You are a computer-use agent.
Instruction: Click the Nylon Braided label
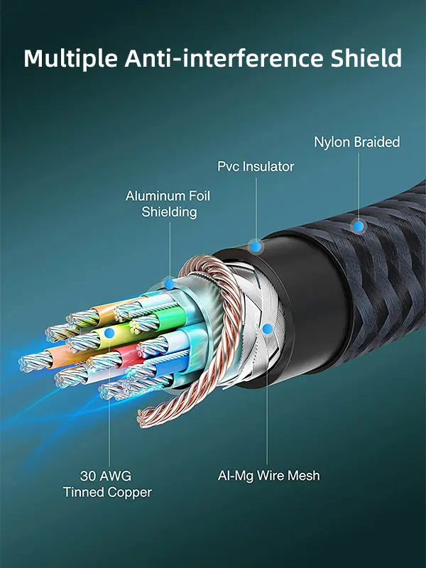click(x=357, y=142)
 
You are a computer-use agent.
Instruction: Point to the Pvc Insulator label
click(x=256, y=167)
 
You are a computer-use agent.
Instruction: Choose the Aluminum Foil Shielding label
click(x=168, y=204)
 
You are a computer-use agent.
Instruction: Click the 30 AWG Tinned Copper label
click(x=107, y=484)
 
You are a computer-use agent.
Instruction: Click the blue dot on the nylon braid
click(x=359, y=226)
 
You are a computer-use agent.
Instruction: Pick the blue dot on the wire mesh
click(x=267, y=329)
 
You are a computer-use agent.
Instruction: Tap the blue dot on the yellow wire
click(x=109, y=332)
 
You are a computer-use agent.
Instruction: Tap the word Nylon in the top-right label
click(x=331, y=142)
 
